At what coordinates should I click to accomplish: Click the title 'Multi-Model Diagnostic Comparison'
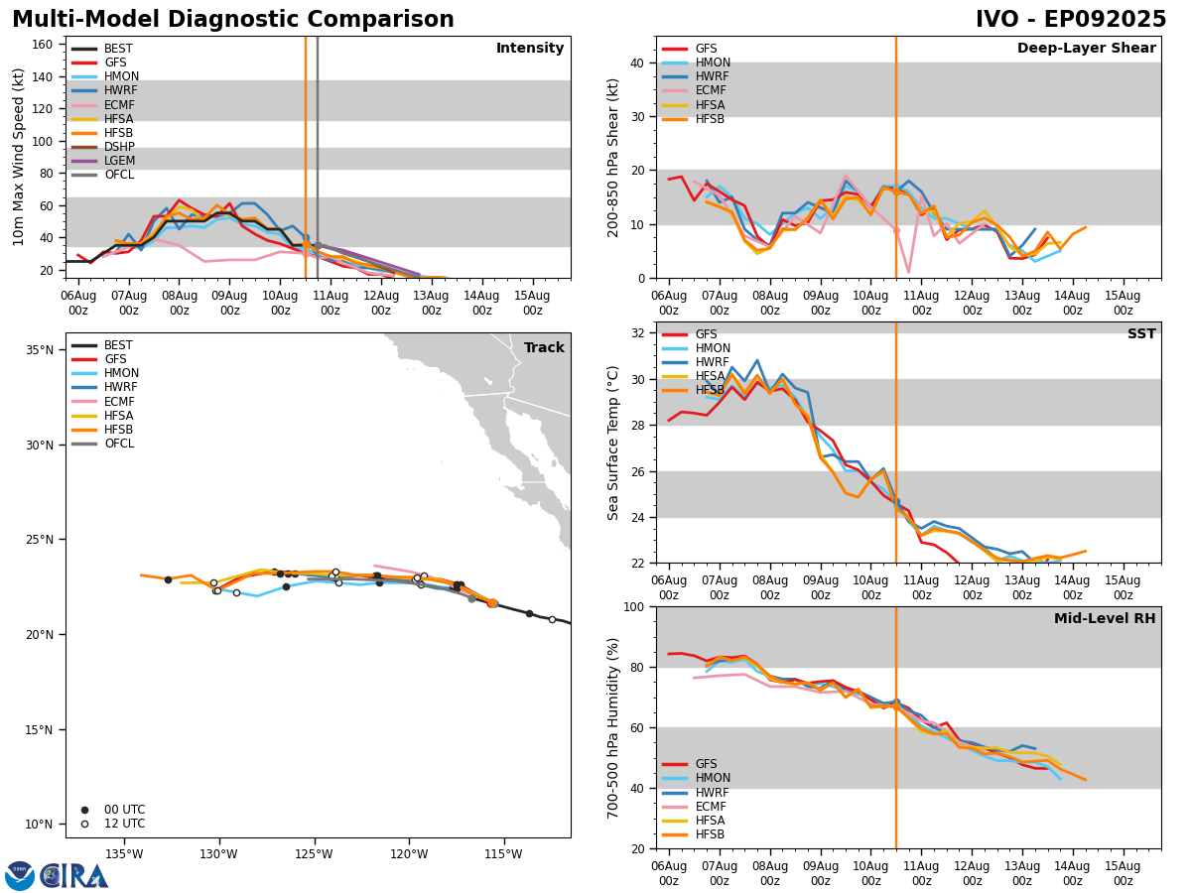pyautogui.click(x=232, y=20)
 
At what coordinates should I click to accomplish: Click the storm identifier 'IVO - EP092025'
pyautogui.click(x=1070, y=20)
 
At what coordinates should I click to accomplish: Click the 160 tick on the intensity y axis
pyautogui.click(x=44, y=45)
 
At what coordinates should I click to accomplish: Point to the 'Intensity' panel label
pyautogui.click(x=529, y=49)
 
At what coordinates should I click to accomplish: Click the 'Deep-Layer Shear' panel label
pyautogui.click(x=1086, y=49)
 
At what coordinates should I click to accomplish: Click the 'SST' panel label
pyautogui.click(x=1141, y=334)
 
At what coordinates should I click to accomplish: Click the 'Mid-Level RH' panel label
pyautogui.click(x=1104, y=619)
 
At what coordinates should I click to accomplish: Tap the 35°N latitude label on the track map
pyautogui.click(x=40, y=350)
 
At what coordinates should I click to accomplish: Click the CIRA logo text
pyautogui.click(x=73, y=876)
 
